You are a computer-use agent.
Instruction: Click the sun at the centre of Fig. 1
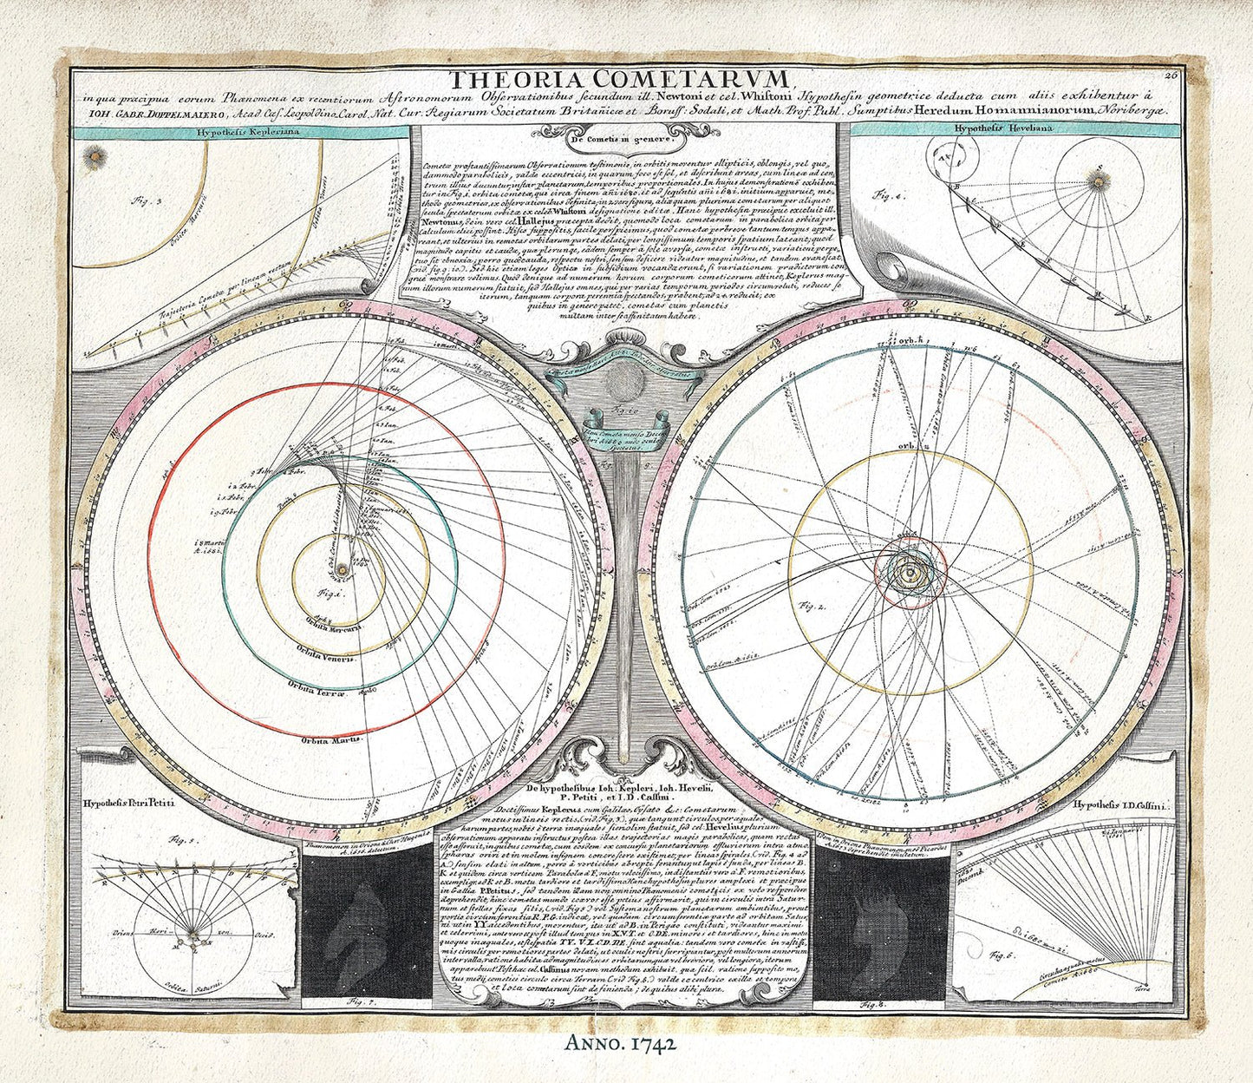click(x=343, y=568)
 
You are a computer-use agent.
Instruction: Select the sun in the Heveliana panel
click(x=1100, y=180)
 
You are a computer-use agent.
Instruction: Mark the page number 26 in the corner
click(x=1196, y=76)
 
